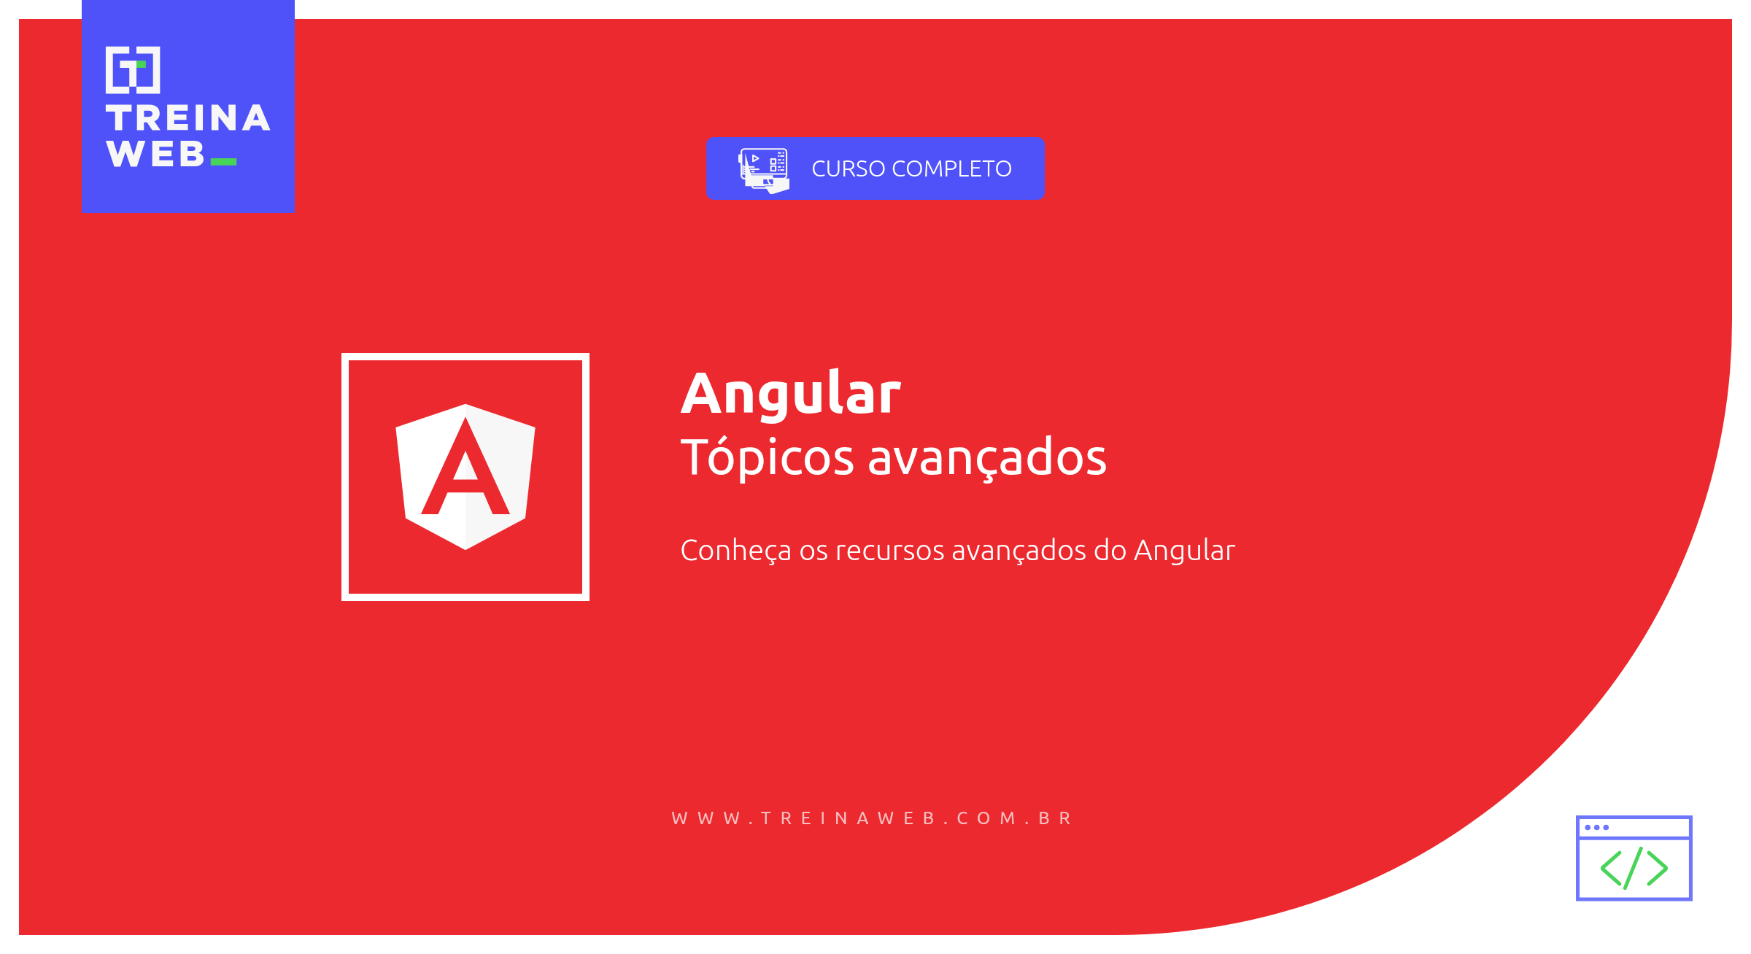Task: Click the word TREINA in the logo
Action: click(188, 118)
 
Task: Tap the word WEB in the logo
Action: click(155, 154)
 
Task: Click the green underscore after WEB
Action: click(223, 162)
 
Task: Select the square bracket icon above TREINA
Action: click(133, 70)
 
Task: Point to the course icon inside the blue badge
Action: click(763, 170)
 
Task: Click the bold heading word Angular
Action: click(791, 394)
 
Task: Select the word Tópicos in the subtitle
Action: click(767, 458)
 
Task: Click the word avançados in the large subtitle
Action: click(986, 458)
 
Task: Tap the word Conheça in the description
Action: click(735, 551)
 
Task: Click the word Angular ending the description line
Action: click(1184, 551)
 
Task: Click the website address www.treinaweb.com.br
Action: click(872, 818)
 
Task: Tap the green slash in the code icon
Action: click(1634, 868)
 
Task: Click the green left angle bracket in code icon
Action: click(1611, 869)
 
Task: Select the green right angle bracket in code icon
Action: click(1657, 869)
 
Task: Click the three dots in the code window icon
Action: click(1596, 827)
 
